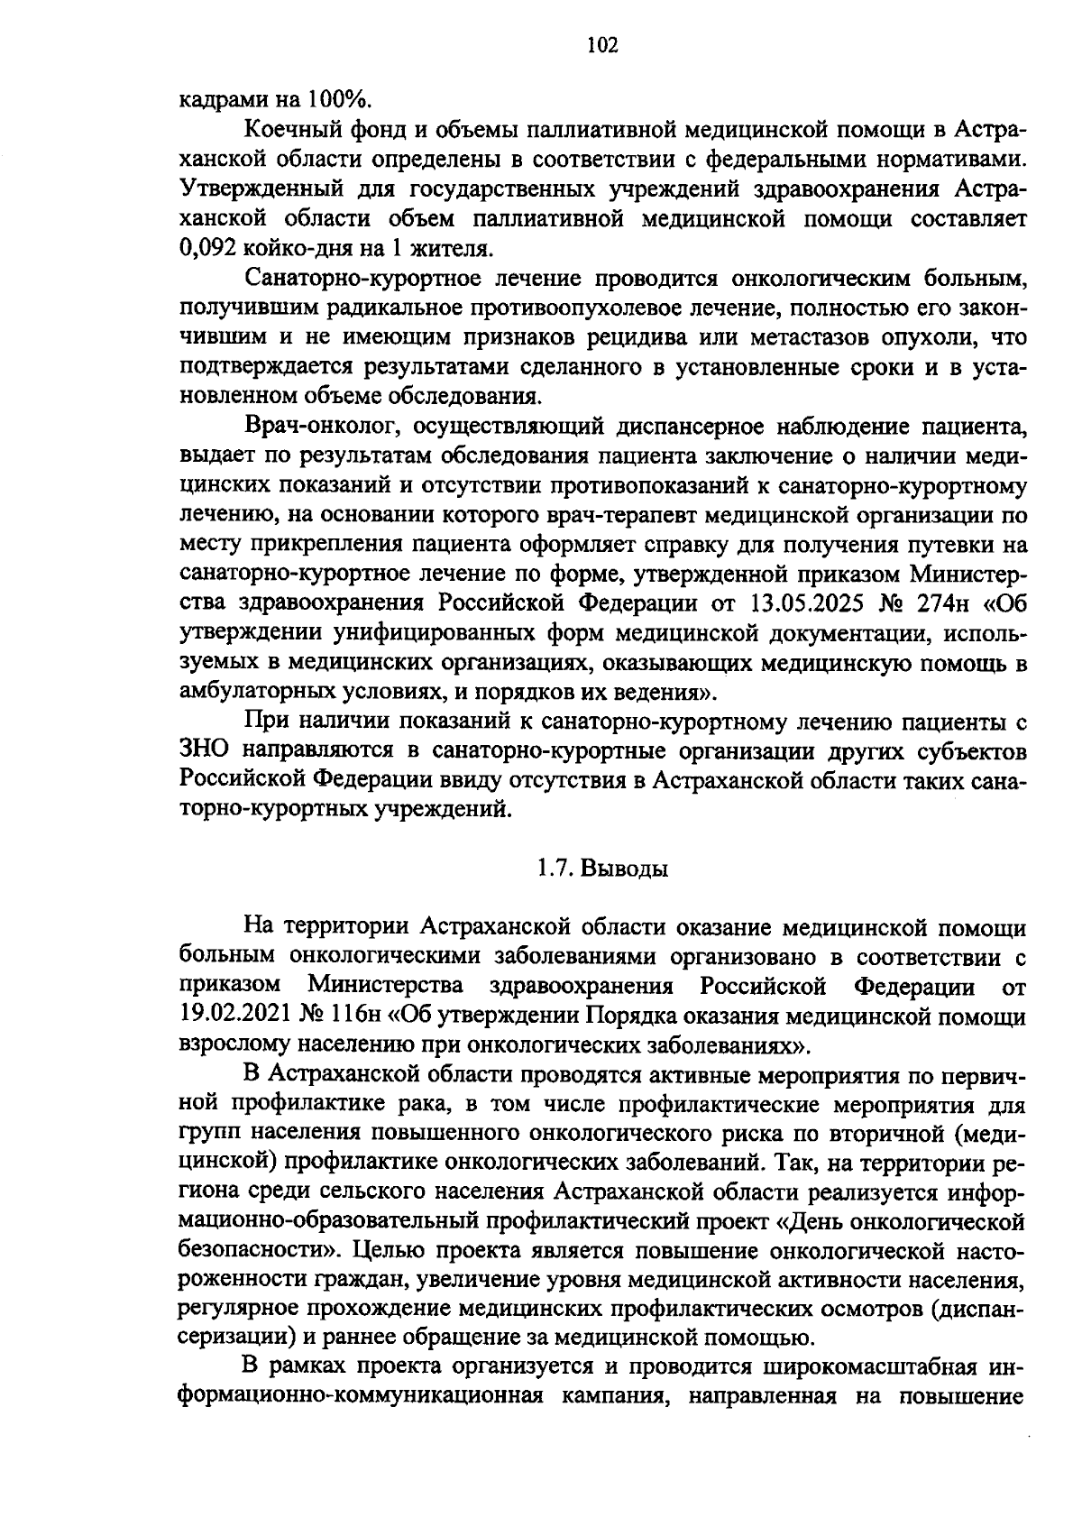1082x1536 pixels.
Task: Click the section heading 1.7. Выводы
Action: click(602, 869)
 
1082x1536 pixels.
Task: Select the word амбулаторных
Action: click(258, 693)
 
